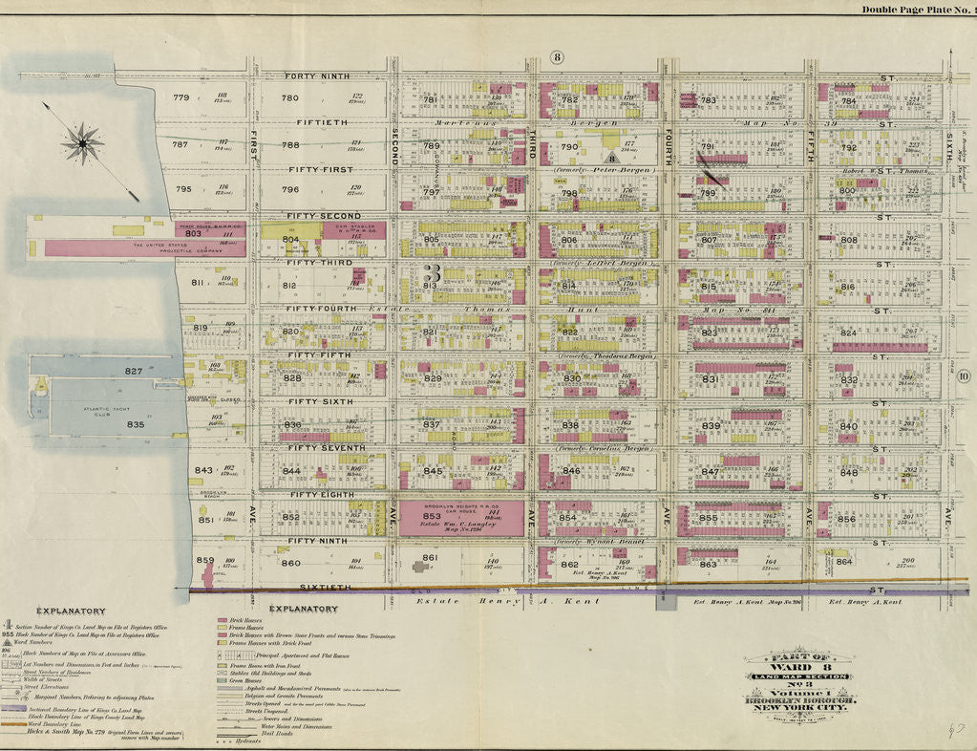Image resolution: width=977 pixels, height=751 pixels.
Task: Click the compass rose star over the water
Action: click(x=83, y=143)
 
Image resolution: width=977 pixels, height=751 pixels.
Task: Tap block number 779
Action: click(x=181, y=97)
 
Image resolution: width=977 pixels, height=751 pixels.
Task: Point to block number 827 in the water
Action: click(x=134, y=371)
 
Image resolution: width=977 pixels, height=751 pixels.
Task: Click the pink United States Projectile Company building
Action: click(x=144, y=247)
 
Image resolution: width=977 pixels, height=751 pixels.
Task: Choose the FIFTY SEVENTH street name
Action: click(x=327, y=447)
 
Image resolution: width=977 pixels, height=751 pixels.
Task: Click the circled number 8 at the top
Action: click(x=557, y=57)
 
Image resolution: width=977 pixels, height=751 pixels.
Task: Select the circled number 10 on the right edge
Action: click(x=963, y=376)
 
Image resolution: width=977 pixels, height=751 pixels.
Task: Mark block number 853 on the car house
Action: click(x=432, y=516)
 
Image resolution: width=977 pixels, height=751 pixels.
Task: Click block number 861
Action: click(x=430, y=558)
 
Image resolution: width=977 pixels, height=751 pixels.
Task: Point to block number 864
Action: click(x=844, y=562)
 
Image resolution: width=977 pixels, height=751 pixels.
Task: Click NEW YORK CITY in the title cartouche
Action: click(x=797, y=709)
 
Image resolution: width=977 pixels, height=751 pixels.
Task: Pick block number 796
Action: click(x=290, y=189)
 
